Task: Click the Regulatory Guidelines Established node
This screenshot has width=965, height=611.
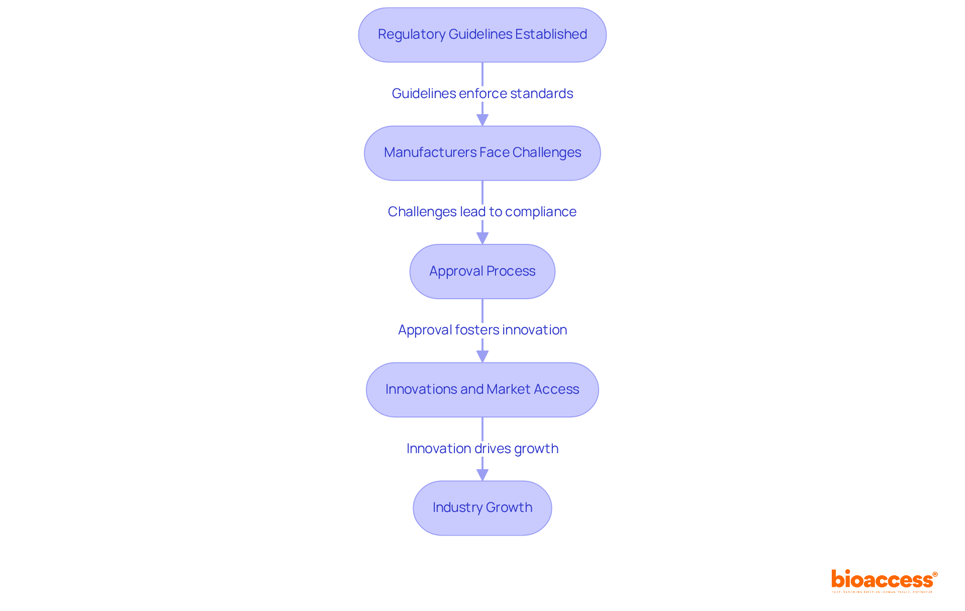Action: pyautogui.click(x=482, y=35)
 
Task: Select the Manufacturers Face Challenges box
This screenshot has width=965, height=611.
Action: pyautogui.click(x=482, y=153)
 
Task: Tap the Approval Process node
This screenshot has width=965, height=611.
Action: pyautogui.click(x=482, y=272)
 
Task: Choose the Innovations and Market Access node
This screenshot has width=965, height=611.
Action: pyautogui.click(x=482, y=390)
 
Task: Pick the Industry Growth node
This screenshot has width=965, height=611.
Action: pyautogui.click(x=482, y=508)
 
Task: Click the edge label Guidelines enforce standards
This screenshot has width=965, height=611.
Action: pyautogui.click(x=482, y=94)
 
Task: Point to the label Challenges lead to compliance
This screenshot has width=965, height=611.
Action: pyautogui.click(x=482, y=212)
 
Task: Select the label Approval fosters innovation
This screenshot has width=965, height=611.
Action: pyautogui.click(x=482, y=330)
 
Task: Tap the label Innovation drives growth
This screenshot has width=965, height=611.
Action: pyautogui.click(x=482, y=449)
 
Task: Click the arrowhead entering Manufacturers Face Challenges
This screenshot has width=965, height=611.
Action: pyautogui.click(x=482, y=120)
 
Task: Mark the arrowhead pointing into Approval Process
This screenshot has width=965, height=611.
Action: pyautogui.click(x=482, y=238)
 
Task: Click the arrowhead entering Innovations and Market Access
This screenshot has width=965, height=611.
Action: pyautogui.click(x=482, y=357)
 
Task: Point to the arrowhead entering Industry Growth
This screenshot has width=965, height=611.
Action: pyautogui.click(x=482, y=475)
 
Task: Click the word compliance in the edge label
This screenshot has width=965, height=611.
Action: pyautogui.click(x=540, y=212)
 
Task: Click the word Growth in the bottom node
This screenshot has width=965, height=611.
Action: pyautogui.click(x=509, y=507)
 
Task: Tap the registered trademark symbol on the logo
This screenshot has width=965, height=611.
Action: pyautogui.click(x=935, y=574)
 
